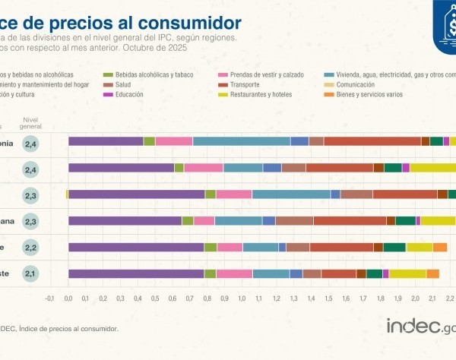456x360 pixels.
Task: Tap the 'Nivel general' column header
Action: point(31,123)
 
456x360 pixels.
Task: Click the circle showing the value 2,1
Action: point(30,273)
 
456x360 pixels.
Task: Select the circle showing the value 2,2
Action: point(30,247)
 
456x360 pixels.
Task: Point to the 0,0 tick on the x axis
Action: point(68,298)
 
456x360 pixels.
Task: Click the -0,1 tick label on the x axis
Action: point(49,298)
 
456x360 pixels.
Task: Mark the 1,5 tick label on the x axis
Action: point(328,298)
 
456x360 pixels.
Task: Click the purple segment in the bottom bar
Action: point(136,273)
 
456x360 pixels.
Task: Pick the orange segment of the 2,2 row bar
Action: point(440,247)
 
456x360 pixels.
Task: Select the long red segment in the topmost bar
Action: point(372,141)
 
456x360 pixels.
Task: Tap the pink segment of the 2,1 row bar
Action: point(234,273)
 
